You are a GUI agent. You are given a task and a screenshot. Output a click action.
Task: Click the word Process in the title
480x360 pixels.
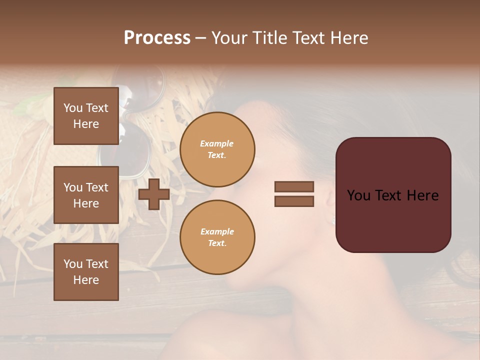pos(157,38)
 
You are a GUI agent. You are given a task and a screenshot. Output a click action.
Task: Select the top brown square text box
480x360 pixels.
pos(86,116)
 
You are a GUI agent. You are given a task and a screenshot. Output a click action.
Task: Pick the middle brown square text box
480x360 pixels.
pos(86,195)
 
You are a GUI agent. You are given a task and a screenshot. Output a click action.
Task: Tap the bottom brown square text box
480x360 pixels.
pos(86,272)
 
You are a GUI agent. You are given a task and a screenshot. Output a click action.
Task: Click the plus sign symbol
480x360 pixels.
pos(154,194)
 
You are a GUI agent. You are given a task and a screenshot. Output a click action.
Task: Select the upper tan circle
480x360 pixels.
pos(217,149)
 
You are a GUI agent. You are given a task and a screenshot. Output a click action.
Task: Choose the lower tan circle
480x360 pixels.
pos(217,237)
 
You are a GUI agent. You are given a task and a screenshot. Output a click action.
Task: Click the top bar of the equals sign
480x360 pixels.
pos(294,187)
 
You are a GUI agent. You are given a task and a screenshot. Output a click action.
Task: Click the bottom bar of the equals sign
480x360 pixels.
pos(294,201)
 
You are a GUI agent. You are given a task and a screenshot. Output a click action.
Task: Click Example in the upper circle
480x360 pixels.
pos(217,143)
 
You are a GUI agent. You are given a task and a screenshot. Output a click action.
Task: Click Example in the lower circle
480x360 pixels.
pos(217,231)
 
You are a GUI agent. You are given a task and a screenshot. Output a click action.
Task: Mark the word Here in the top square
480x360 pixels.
pos(86,124)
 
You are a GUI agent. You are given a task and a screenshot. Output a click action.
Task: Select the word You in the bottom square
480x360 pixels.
pos(73,264)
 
